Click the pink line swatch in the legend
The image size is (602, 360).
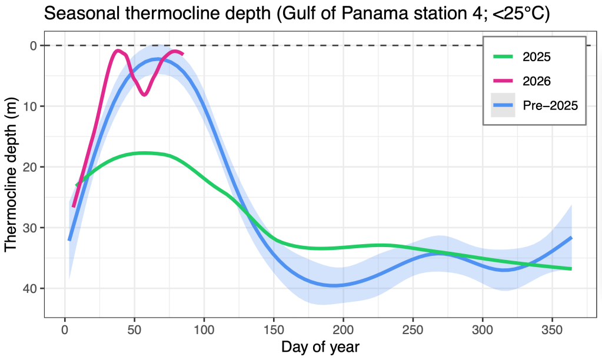click(503, 81)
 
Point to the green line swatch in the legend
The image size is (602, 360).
click(503, 57)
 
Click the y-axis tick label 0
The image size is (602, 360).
click(33, 46)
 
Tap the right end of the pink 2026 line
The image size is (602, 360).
click(182, 54)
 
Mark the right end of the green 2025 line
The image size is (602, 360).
click(571, 269)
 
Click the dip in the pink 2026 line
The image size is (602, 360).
click(144, 94)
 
